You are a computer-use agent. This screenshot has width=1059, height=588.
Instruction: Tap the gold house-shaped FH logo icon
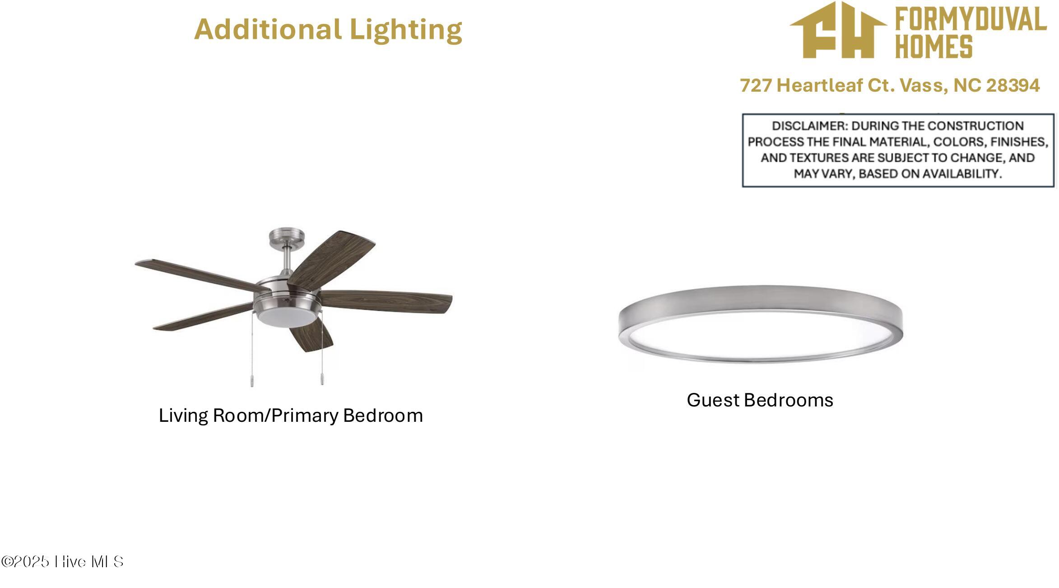tap(838, 30)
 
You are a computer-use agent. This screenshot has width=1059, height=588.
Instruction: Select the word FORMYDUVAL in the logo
tap(971, 19)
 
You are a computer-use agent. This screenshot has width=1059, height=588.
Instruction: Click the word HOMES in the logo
tap(934, 47)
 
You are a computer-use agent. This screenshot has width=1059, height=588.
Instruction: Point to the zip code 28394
tap(1013, 85)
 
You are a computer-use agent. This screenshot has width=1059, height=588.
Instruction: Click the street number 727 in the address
tap(756, 85)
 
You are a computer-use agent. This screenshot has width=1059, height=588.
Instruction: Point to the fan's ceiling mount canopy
tap(287, 236)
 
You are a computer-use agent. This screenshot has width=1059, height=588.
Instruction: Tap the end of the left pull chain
tap(252, 385)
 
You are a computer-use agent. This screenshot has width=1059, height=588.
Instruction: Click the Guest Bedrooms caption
tap(760, 400)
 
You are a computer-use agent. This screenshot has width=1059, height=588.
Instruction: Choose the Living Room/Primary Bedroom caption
tap(291, 415)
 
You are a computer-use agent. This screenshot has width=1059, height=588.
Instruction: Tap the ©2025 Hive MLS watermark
tap(62, 562)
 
